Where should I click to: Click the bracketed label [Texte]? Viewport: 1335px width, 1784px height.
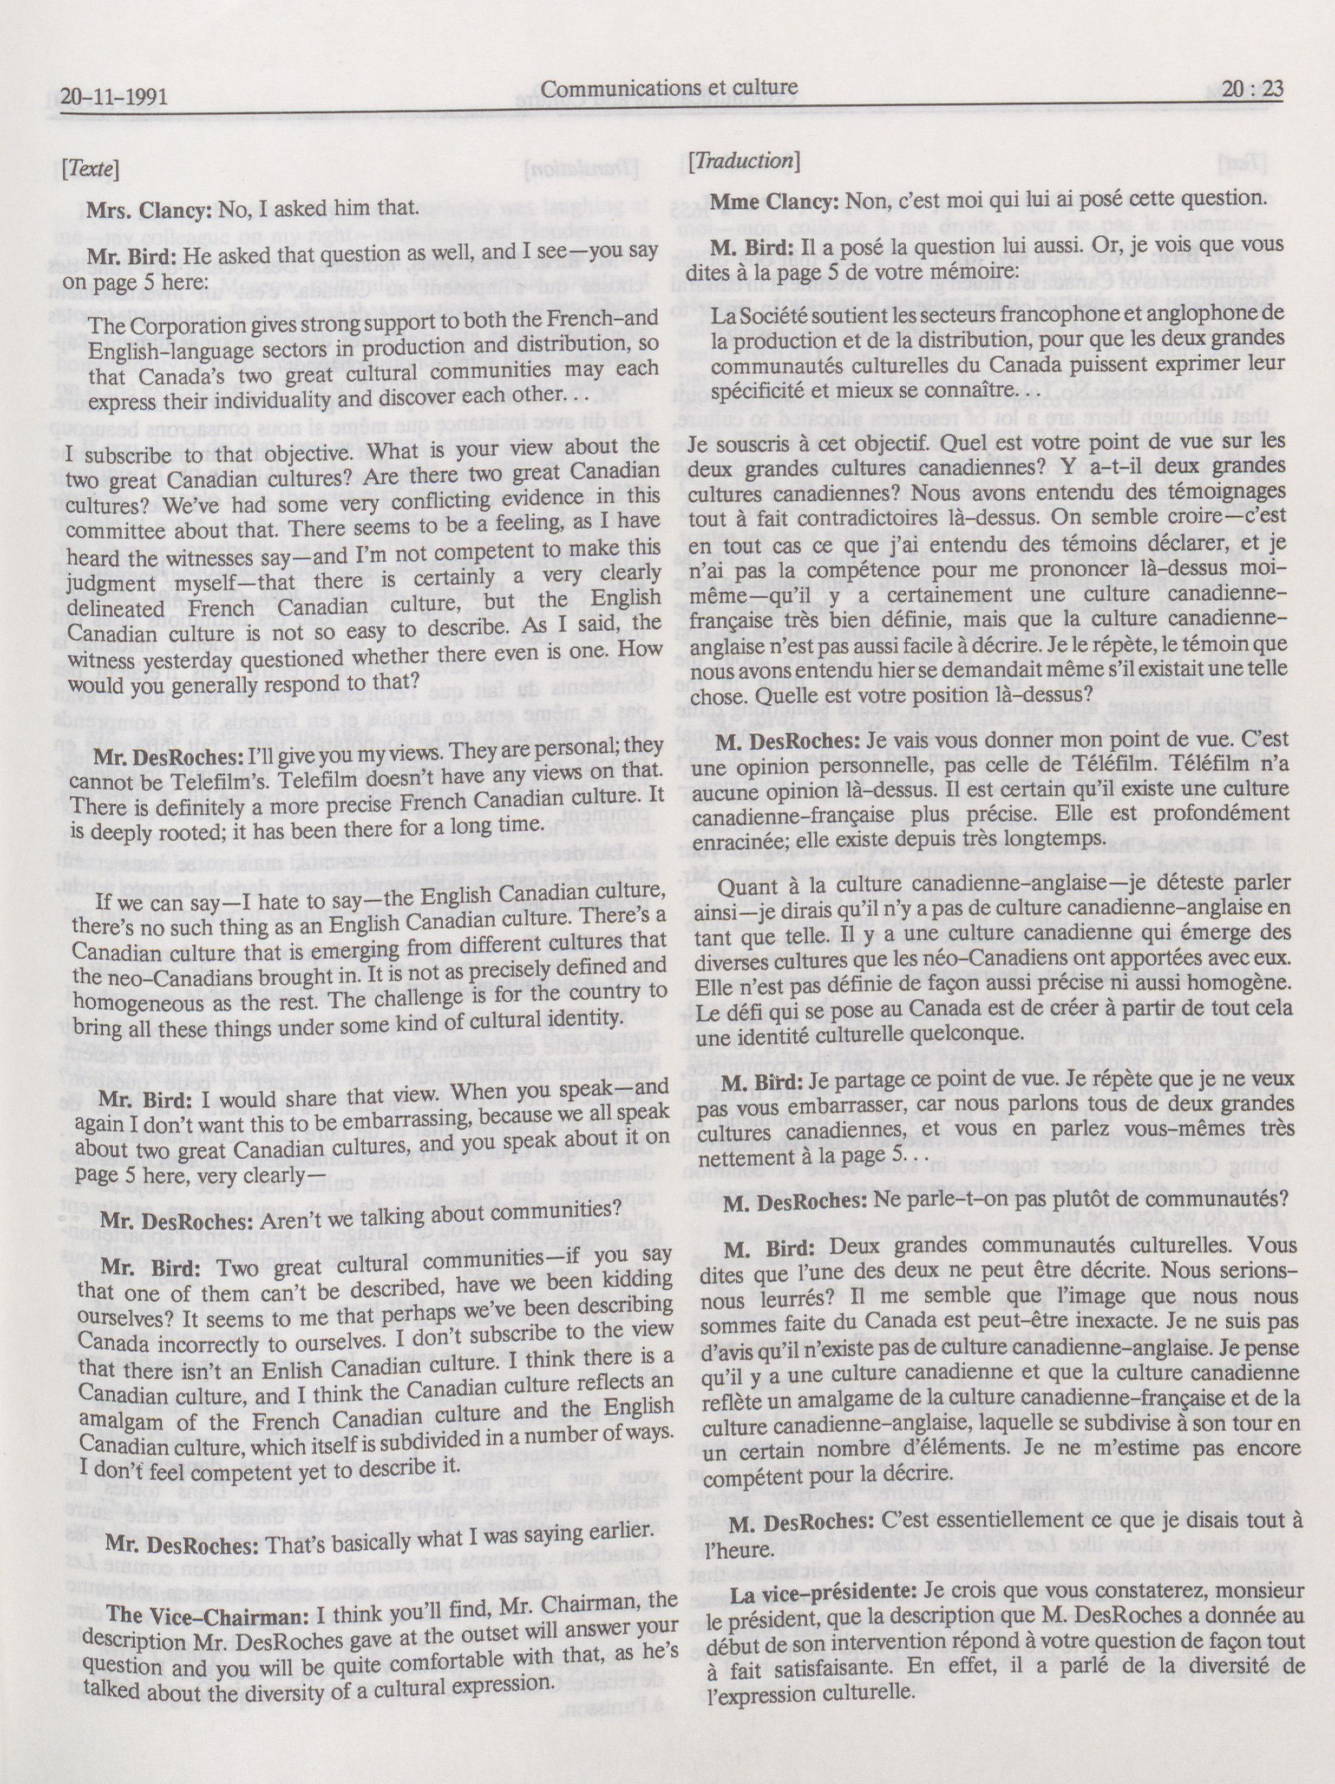tap(90, 169)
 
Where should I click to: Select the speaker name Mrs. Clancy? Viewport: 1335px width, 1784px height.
tap(149, 209)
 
